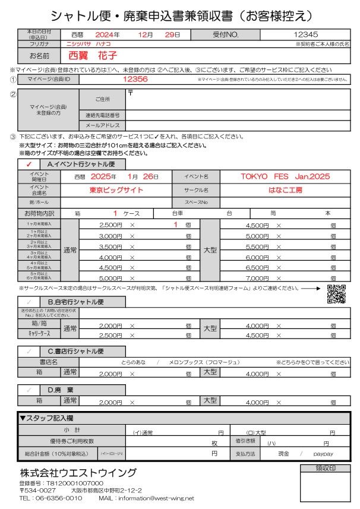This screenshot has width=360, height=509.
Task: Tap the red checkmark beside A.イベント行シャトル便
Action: click(29, 163)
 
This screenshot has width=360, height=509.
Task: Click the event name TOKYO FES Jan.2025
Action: click(285, 176)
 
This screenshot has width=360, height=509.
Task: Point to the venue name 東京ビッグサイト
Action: click(116, 189)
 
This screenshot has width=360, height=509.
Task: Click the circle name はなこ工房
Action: click(285, 189)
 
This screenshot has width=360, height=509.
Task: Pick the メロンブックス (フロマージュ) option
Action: click(202, 362)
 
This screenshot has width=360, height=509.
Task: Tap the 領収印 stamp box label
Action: click(325, 468)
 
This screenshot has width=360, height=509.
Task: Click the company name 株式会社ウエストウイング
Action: click(77, 473)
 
